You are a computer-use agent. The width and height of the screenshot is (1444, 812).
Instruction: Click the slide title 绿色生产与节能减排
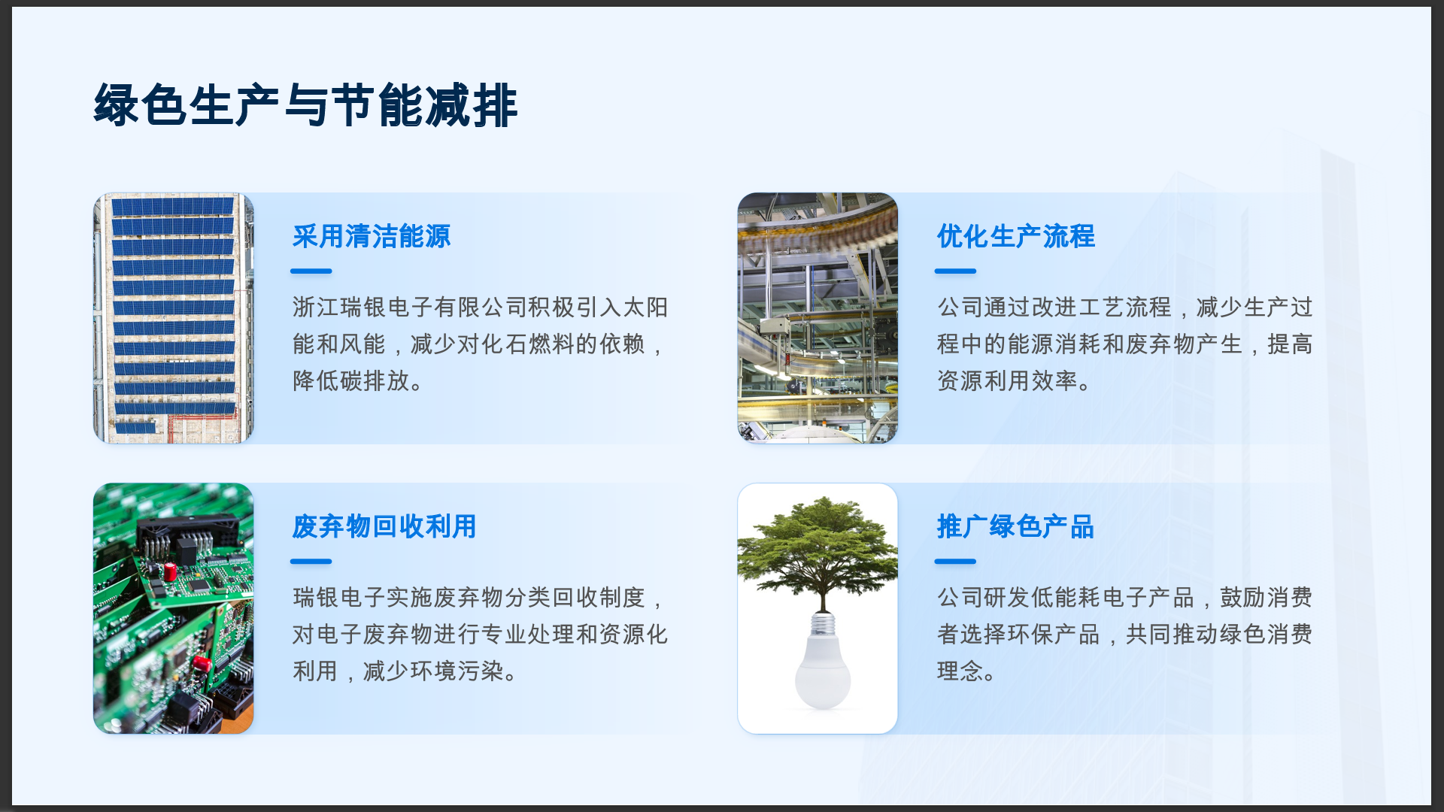click(305, 105)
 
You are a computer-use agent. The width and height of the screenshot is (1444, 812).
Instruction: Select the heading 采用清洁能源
click(372, 236)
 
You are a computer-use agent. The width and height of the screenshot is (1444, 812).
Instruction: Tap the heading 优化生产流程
click(1015, 236)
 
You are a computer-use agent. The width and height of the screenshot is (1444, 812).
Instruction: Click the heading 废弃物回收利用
click(384, 526)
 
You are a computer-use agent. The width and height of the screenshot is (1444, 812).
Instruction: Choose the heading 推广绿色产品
click(1015, 526)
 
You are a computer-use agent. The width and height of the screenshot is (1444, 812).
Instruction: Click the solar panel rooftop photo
click(174, 318)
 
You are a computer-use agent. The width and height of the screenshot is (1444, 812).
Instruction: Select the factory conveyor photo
click(818, 318)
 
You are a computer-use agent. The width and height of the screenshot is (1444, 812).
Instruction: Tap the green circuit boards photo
click(174, 608)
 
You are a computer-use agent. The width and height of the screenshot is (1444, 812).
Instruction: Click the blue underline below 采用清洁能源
click(311, 271)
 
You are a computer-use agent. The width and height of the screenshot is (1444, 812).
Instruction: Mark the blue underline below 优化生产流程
click(955, 271)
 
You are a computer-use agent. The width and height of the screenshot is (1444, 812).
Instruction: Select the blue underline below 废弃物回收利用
click(311, 561)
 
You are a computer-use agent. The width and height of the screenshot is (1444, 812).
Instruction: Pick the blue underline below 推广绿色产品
click(955, 561)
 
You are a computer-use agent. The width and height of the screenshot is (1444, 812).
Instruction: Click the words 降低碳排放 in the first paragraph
click(351, 380)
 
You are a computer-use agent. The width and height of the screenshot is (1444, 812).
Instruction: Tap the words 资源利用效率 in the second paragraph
click(1008, 380)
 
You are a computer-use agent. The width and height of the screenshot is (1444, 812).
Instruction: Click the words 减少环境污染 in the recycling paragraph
click(433, 671)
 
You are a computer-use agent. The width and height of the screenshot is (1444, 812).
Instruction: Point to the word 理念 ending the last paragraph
click(960, 671)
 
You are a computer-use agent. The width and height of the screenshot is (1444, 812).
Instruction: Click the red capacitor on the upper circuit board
click(171, 571)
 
